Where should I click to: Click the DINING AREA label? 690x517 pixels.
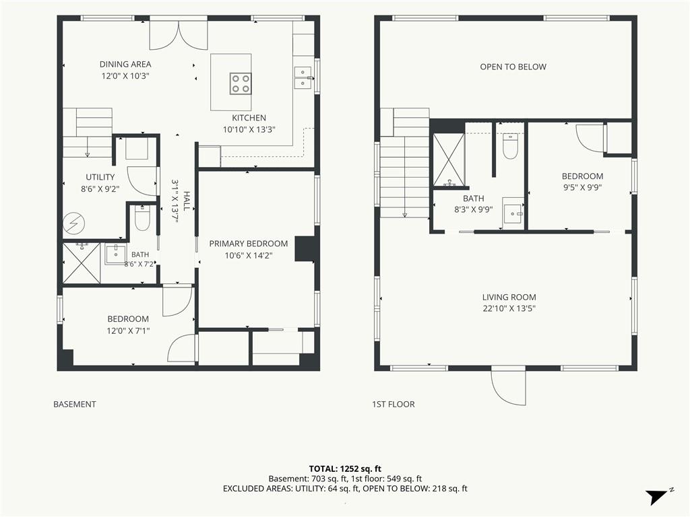coord(125,64)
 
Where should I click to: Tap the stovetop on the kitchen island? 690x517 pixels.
coord(241,83)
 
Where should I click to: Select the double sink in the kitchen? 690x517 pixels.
coord(303,77)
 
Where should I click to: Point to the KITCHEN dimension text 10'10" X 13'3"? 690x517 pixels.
coord(249,129)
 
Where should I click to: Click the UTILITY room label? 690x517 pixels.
coord(100,177)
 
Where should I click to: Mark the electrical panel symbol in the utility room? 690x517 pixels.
coord(73,223)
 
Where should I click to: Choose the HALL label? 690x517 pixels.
coord(187,201)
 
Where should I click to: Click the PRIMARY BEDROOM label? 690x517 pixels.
coord(249,244)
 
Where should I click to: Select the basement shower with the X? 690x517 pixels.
coord(82,263)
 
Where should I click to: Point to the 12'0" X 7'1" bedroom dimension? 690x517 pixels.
coord(128,331)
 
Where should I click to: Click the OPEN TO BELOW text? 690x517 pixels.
coord(513,67)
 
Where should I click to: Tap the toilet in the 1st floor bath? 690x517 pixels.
coord(511,147)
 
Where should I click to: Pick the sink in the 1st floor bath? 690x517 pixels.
coord(513,213)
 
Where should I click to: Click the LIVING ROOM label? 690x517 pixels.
coord(509,297)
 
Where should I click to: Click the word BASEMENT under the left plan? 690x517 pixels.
coord(75,405)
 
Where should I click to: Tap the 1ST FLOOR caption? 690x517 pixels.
coord(394,405)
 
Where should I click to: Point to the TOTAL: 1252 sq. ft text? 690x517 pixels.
coord(345,469)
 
